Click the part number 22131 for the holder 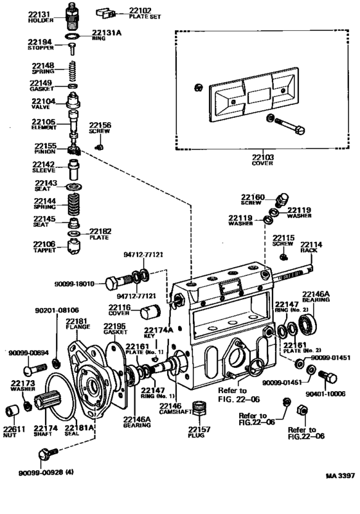click(x=39, y=14)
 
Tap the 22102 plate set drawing click(x=105, y=14)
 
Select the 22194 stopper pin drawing click(x=72, y=49)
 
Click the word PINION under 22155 click(x=45, y=152)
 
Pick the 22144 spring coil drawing click(x=73, y=204)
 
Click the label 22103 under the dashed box click(x=263, y=158)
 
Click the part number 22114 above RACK click(x=311, y=244)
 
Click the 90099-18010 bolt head click(x=111, y=284)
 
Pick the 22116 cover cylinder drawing click(x=150, y=312)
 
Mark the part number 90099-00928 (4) click(x=46, y=473)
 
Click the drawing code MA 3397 click(x=340, y=475)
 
